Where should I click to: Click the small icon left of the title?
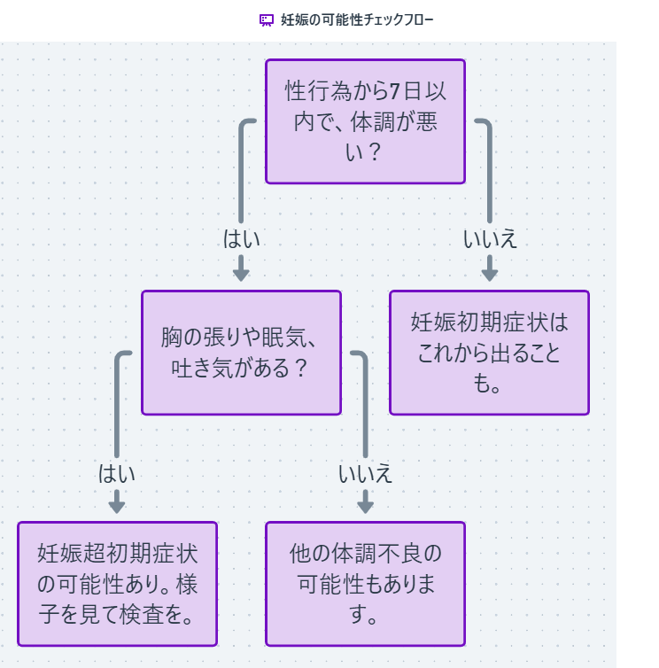tap(267, 19)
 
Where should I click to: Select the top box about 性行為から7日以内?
tap(365, 121)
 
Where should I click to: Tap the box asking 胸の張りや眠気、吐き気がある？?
tap(241, 353)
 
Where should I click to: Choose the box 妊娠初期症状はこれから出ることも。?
tap(489, 353)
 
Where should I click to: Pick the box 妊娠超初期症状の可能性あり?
tap(117, 584)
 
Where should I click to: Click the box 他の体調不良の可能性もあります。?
tap(365, 584)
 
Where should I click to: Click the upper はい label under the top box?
tap(241, 239)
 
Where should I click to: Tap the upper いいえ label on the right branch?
tap(490, 239)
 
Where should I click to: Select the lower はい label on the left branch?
tap(117, 473)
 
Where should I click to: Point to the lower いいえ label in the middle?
tap(365, 473)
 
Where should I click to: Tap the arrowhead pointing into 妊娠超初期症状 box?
tap(117, 506)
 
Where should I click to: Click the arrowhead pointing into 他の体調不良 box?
tap(365, 506)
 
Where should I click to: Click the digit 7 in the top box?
tap(395, 91)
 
